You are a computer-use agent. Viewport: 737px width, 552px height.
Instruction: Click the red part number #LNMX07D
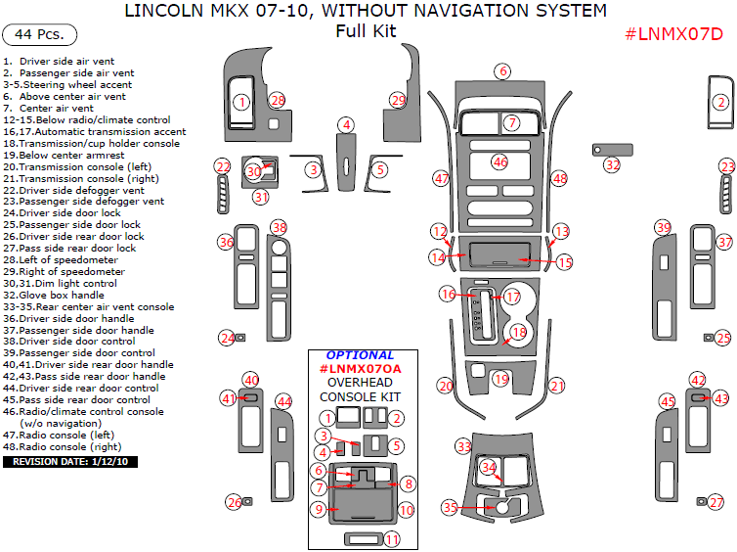point(673,34)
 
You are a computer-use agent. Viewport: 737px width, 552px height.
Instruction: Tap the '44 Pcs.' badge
point(40,34)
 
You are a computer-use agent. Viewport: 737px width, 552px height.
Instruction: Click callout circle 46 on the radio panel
point(499,161)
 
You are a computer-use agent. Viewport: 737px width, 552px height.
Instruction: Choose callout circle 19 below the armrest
point(501,379)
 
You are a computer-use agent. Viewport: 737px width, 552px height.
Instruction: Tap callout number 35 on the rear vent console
point(449,508)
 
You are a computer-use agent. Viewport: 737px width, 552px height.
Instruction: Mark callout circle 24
point(227,338)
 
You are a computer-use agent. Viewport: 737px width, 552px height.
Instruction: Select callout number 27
point(716,502)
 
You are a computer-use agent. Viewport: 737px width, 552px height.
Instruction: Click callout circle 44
point(283,401)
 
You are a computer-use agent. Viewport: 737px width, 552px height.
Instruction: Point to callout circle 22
point(223,167)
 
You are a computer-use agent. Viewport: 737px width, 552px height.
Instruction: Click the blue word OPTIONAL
point(360,355)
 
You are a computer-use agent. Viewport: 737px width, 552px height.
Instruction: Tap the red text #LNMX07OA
point(360,368)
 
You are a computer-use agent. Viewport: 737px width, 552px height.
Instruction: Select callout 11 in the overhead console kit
point(391,539)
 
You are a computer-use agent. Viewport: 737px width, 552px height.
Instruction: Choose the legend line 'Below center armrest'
point(64,155)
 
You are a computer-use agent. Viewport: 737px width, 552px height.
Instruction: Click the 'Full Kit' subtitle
point(365,31)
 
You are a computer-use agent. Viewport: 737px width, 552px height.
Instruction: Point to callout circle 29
point(397,100)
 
